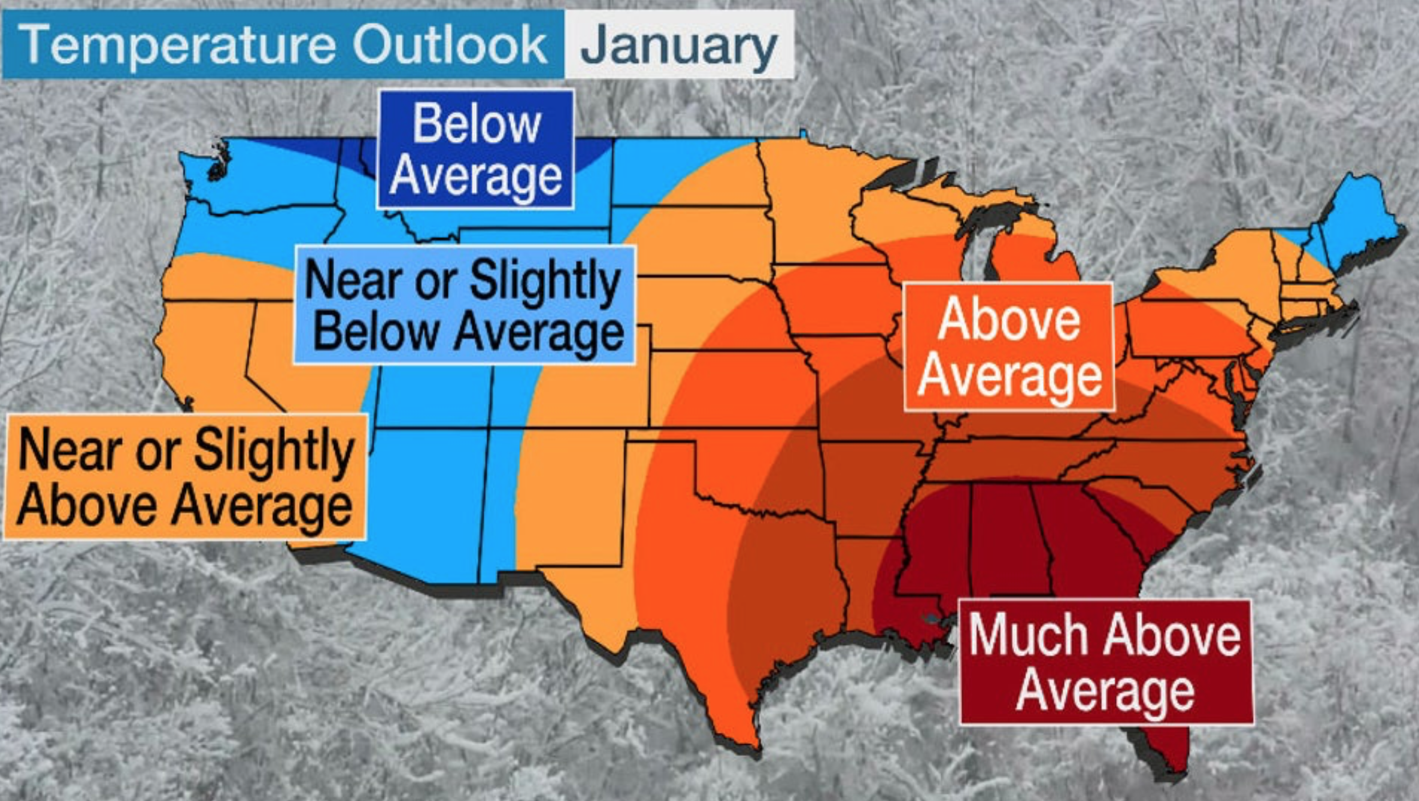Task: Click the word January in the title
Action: [678, 45]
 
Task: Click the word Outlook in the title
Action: [450, 44]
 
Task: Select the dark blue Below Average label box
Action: [475, 150]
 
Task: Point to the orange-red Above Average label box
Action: [1009, 347]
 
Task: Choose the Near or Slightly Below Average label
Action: [464, 305]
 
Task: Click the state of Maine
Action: [1359, 222]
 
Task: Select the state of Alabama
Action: [1006, 539]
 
